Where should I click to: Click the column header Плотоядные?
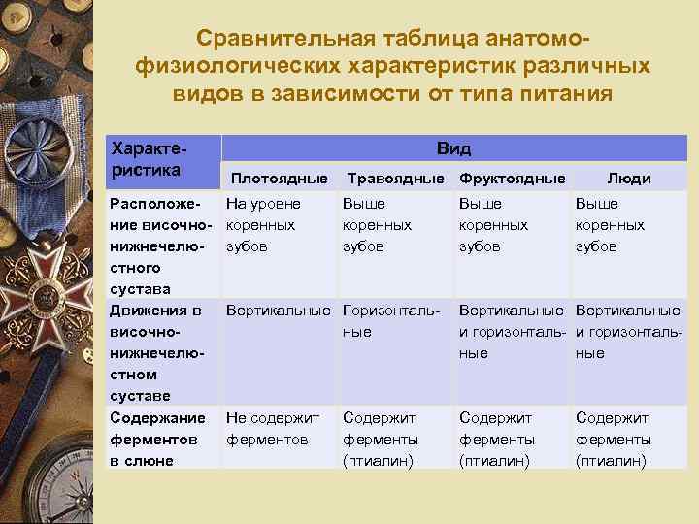(279, 179)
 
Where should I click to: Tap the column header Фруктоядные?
(512, 179)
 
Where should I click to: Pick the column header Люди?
(628, 179)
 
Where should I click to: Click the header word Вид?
(453, 148)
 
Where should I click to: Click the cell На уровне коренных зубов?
(263, 225)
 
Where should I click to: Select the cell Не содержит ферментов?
(273, 428)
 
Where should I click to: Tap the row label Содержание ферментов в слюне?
(157, 439)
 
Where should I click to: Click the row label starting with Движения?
(157, 353)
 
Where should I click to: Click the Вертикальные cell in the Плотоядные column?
(281, 311)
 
